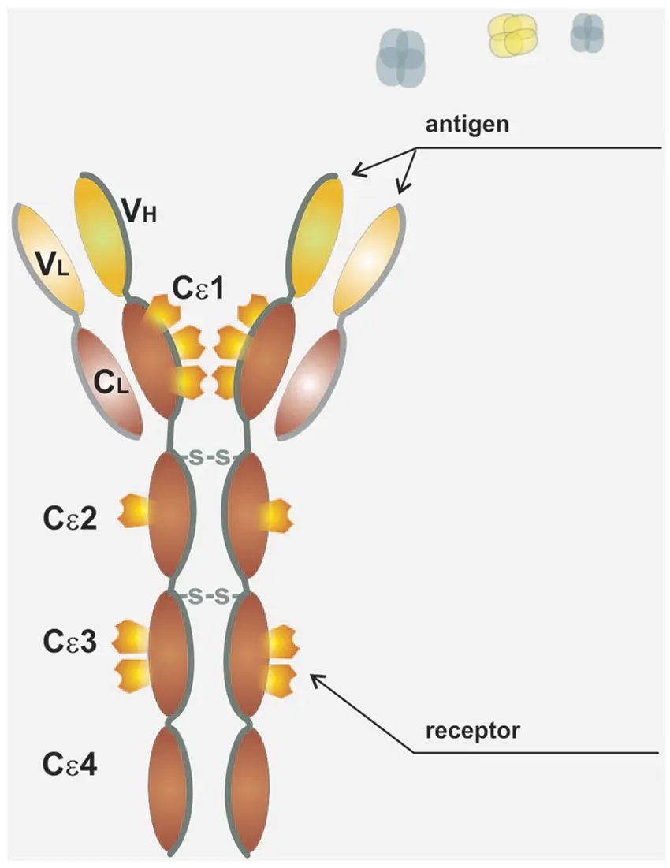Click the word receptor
472,731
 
